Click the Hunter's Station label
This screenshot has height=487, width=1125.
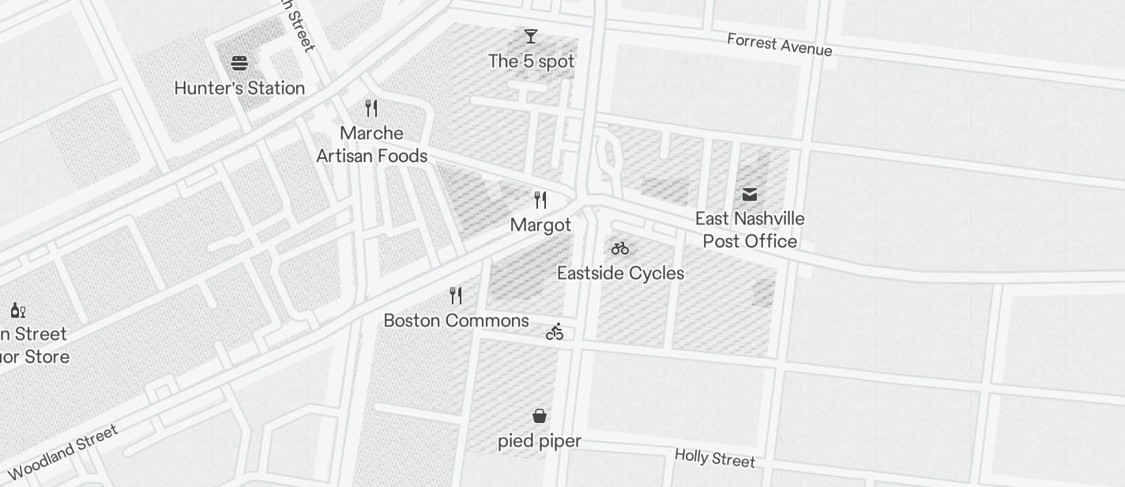pos(239,88)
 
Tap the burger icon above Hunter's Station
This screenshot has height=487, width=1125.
pos(239,63)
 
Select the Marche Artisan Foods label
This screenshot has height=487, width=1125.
pos(371,145)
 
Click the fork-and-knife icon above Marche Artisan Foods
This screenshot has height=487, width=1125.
pos(371,108)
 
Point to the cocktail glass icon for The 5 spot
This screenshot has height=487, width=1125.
pos(531,36)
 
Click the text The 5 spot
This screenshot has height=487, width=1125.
pos(531,61)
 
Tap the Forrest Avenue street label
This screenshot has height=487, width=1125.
pos(779,44)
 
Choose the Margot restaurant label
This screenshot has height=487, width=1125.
pos(540,225)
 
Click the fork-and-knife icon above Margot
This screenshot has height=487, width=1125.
pos(540,199)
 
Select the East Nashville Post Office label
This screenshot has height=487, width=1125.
pos(750,230)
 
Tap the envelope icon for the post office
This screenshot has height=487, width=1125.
pos(750,194)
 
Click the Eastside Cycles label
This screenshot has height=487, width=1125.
pos(620,274)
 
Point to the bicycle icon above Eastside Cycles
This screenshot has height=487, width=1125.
pos(620,248)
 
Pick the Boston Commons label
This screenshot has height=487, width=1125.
pos(456,321)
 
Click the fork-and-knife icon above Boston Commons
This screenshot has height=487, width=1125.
pos(456,296)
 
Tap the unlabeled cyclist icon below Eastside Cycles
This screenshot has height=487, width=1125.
pos(555,332)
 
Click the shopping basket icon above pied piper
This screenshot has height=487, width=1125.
pos(540,416)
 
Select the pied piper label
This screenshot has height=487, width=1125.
pos(540,441)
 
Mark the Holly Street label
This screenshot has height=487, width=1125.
pos(715,458)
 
